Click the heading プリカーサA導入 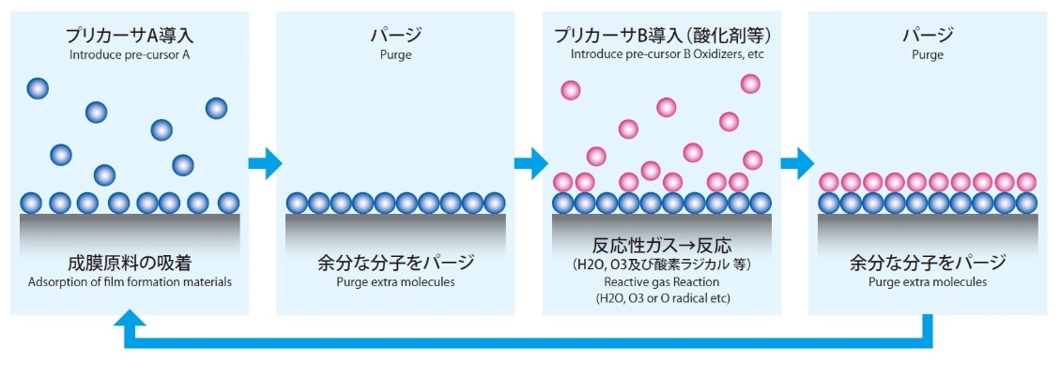pos(131,36)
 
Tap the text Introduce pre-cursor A pos(131,54)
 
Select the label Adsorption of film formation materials pos(130,281)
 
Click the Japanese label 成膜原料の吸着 pos(130,262)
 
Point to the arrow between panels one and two pos(264,163)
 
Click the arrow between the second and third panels pos(530,163)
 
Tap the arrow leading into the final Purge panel pos(797,163)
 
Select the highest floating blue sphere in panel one pos(38,88)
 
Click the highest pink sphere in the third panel pos(750,83)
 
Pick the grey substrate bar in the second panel pos(396,225)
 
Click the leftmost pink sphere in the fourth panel pos(829,182)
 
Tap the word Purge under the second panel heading pos(396,54)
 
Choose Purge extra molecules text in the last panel pos(928,281)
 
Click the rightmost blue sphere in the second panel pos(495,203)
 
